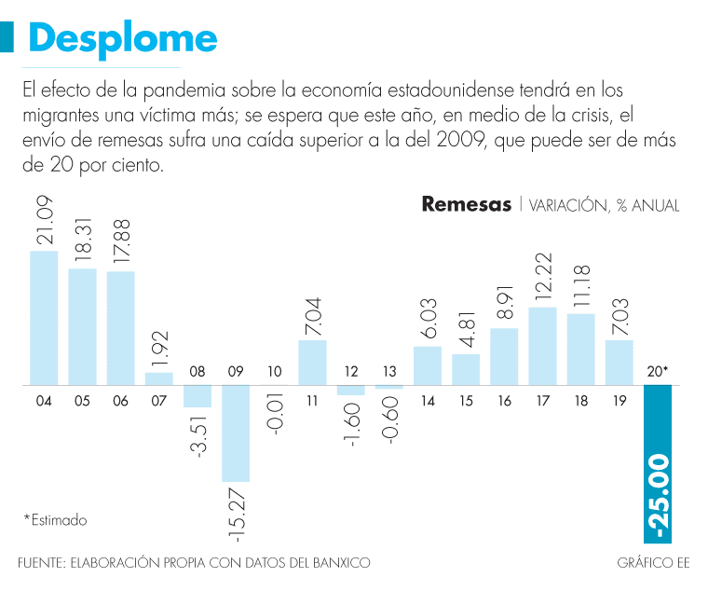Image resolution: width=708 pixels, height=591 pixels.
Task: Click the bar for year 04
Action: click(x=44, y=318)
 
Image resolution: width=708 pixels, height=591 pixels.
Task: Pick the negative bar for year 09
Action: click(x=236, y=433)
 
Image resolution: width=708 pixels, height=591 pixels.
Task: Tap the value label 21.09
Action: click(x=45, y=222)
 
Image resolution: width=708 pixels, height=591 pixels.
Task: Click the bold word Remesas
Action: click(x=466, y=204)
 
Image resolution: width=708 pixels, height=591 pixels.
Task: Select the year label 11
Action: click(x=312, y=402)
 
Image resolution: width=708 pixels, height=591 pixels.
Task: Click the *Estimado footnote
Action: click(x=55, y=520)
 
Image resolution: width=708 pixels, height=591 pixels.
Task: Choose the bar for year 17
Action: click(x=542, y=346)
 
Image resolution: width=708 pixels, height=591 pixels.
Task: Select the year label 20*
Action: click(x=658, y=372)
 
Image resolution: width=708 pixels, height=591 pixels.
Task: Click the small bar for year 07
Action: click(x=159, y=378)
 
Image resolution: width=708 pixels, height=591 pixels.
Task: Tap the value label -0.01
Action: click(x=274, y=429)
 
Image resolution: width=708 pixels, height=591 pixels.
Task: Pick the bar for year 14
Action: click(x=427, y=365)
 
